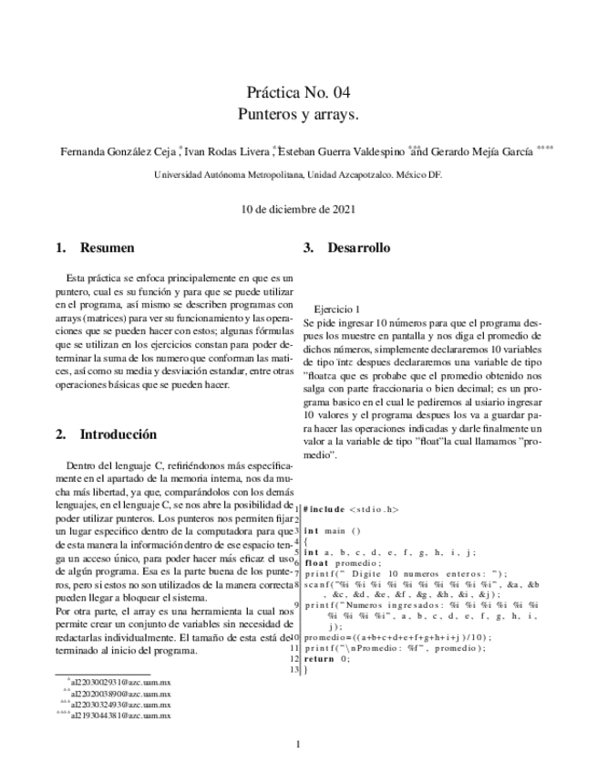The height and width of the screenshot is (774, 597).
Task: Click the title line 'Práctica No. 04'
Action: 298,92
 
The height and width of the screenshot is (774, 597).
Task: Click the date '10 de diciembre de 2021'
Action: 298,208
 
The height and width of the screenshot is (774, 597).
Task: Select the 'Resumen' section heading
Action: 107,247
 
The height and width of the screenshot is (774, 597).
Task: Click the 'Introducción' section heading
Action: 118,434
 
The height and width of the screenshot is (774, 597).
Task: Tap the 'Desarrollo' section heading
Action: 358,247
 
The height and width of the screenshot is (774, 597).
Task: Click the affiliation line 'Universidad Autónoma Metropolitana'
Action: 298,174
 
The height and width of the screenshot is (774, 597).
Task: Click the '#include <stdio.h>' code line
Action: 351,508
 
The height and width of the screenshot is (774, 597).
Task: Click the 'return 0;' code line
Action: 325,683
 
